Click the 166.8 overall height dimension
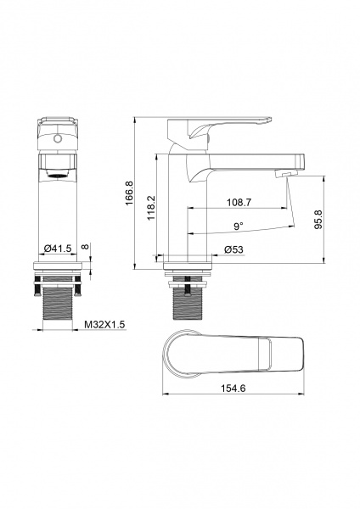tap(130, 193)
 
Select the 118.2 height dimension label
tap(151, 208)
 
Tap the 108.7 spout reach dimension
tap(239, 202)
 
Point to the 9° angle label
tap(239, 226)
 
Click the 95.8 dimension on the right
tap(318, 220)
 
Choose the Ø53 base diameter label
tap(233, 249)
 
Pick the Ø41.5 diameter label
tap(58, 249)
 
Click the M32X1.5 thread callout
tap(104, 324)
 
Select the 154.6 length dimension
tap(233, 388)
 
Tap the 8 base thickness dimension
tap(84, 246)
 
